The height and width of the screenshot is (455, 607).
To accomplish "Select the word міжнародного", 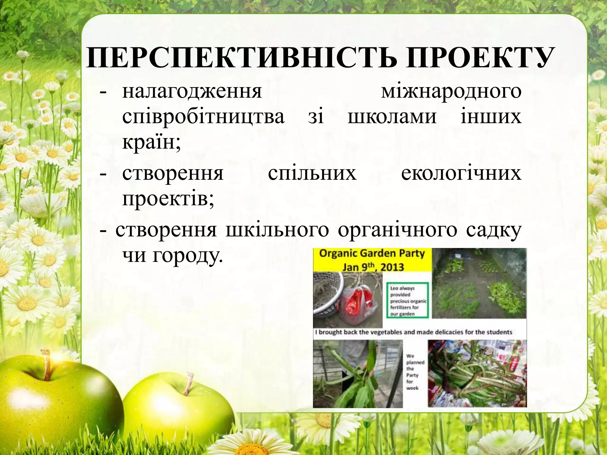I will pyautogui.click(x=451, y=92).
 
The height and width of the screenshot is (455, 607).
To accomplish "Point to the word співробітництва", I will pyautogui.click(x=203, y=117).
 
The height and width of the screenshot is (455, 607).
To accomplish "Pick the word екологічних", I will pyautogui.click(x=461, y=174).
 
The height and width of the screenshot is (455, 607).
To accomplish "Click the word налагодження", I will pyautogui.click(x=192, y=92).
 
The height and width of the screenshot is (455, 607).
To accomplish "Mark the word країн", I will pyautogui.click(x=150, y=142).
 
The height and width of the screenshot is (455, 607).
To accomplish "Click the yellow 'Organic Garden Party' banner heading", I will pyautogui.click(x=372, y=254).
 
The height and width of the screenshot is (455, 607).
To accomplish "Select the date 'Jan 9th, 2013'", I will pyautogui.click(x=373, y=267).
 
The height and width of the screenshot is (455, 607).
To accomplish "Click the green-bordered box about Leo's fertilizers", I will pyautogui.click(x=408, y=300).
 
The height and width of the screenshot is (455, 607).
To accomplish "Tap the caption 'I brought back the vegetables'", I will pyautogui.click(x=414, y=332).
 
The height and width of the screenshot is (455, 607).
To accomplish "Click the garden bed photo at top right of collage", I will pyautogui.click(x=479, y=283).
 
